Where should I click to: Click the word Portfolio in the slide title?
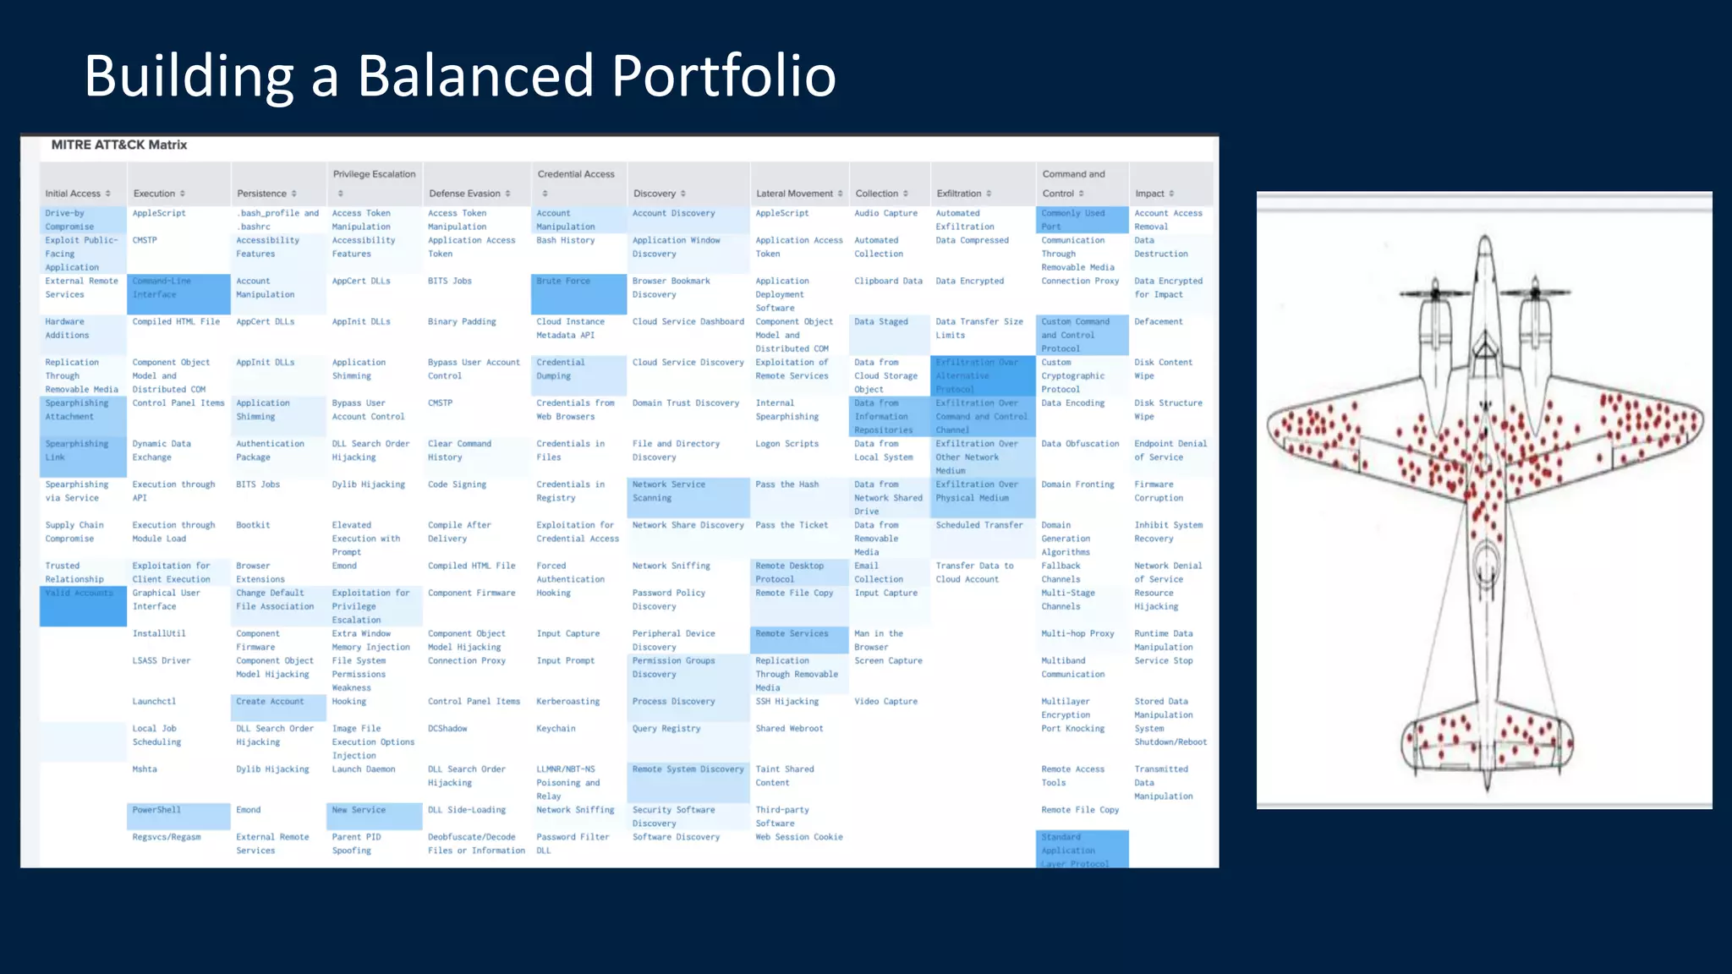(x=723, y=76)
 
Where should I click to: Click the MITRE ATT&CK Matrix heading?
(x=119, y=145)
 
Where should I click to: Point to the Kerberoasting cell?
(x=567, y=702)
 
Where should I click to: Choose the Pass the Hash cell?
(x=787, y=484)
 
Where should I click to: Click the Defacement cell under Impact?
(x=1159, y=322)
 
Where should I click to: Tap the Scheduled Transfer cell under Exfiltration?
(x=979, y=525)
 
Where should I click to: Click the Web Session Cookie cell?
(x=798, y=837)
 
